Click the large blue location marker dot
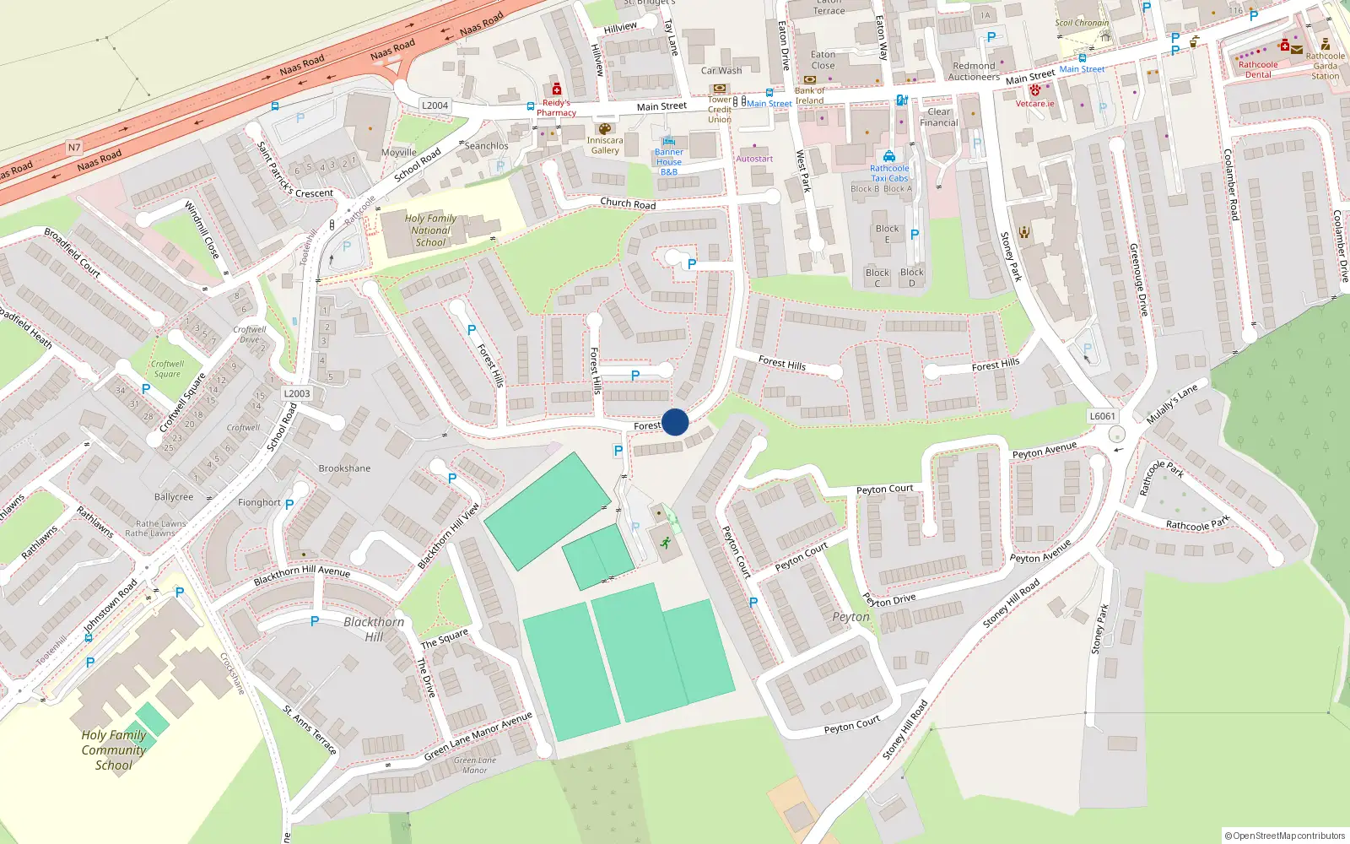click(675, 422)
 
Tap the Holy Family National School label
click(430, 230)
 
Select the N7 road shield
click(74, 148)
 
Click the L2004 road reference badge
click(435, 105)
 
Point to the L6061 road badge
click(1102, 416)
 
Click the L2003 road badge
click(297, 393)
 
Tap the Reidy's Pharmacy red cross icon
click(556, 89)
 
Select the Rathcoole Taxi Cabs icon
click(889, 156)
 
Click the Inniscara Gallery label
click(605, 145)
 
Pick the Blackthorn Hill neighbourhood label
click(374, 629)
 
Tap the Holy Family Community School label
click(114, 749)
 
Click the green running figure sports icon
click(666, 542)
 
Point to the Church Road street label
click(628, 203)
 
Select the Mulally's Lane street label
click(1171, 404)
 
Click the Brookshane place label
click(344, 468)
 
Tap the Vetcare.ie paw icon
click(1035, 90)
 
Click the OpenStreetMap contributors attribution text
click(1285, 836)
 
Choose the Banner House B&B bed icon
click(669, 141)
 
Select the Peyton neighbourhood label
click(850, 617)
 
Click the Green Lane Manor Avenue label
click(478, 736)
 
